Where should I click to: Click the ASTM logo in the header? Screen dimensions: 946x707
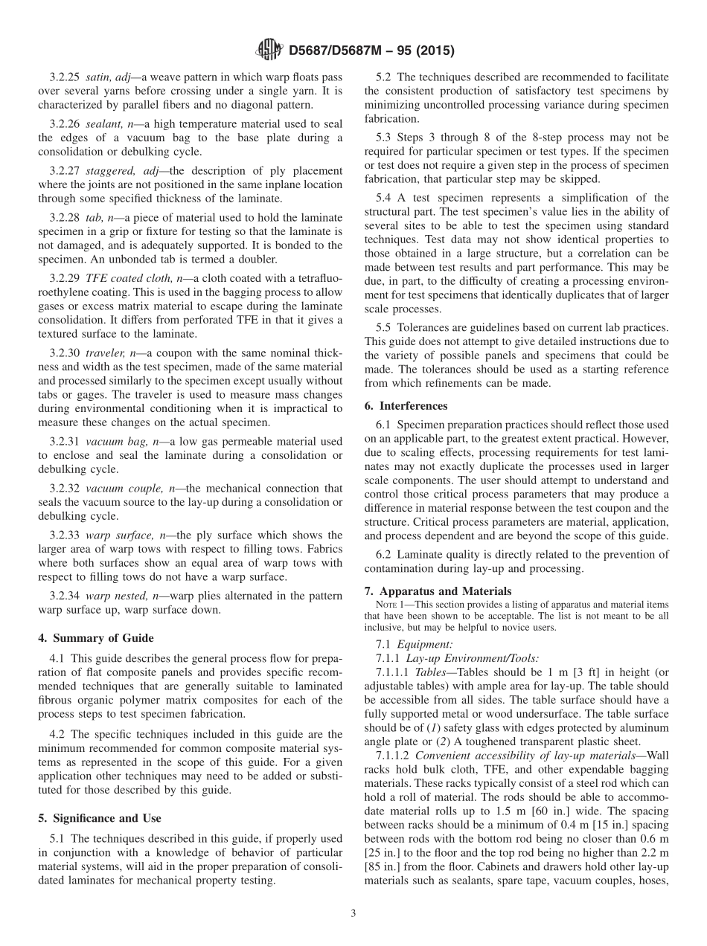coord(269,50)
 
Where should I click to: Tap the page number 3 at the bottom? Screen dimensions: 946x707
coord(353,913)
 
